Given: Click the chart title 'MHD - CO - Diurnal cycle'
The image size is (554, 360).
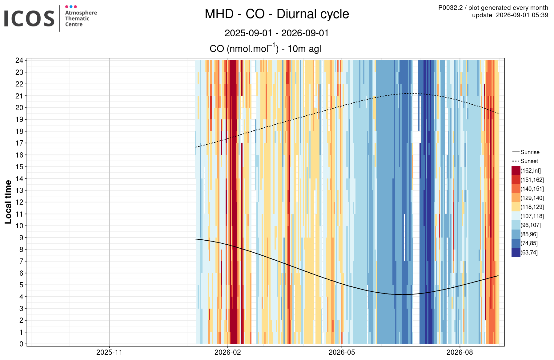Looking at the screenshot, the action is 277,14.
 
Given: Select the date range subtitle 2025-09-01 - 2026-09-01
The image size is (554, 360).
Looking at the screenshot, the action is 277,33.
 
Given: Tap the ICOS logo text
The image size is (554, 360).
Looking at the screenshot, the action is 29,18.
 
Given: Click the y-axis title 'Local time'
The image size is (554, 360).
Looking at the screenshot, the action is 8,202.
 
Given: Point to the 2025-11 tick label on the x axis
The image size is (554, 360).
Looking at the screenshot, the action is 109,352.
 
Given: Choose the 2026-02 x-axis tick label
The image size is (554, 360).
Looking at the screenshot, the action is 227,352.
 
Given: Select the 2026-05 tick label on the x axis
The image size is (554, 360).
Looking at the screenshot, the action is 342,352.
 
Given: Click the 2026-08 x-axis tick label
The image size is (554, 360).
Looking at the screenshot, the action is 460,352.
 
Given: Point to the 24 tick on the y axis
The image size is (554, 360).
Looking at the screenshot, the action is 19,60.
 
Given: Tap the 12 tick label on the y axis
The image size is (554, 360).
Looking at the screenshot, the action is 19,202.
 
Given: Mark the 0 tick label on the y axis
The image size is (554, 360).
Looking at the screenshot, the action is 21,344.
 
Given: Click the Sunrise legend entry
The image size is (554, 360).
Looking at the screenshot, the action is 526,152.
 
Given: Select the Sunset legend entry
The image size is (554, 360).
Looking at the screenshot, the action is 525,161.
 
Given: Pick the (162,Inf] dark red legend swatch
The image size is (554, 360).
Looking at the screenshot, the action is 516,170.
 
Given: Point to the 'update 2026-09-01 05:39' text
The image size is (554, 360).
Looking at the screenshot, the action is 510,15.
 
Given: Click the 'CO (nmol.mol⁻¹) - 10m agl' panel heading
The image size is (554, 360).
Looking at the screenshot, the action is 265,49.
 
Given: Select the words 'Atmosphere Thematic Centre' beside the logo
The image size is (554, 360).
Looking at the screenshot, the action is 81,18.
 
